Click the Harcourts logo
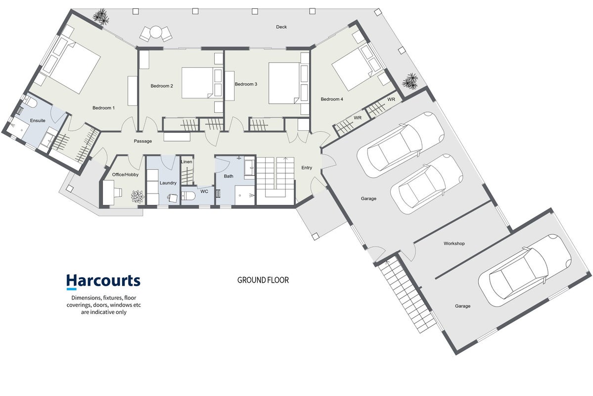(x=103, y=282)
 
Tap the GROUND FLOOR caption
(x=263, y=280)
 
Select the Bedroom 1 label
(x=104, y=108)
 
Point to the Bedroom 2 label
(x=162, y=86)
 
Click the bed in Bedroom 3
(x=284, y=83)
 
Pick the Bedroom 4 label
(x=332, y=99)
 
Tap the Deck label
(x=281, y=27)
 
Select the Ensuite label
(x=38, y=121)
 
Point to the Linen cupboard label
(x=187, y=162)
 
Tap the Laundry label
(x=168, y=183)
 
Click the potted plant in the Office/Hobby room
(x=137, y=197)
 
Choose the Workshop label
(x=454, y=244)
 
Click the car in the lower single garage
(x=525, y=270)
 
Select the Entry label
(x=307, y=168)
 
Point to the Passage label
(x=143, y=141)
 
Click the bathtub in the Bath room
(x=249, y=167)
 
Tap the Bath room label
(x=228, y=176)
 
